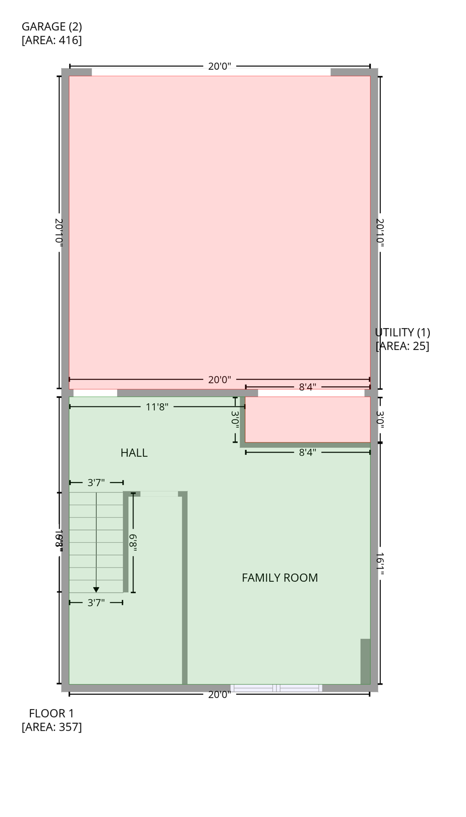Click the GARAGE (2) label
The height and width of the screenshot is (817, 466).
pyautogui.click(x=52, y=27)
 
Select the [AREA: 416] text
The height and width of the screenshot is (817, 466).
pyautogui.click(x=52, y=40)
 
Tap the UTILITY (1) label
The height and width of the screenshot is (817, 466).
pyautogui.click(x=402, y=332)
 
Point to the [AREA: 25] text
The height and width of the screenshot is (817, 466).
pyautogui.click(x=402, y=346)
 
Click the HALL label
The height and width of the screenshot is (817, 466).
pyautogui.click(x=134, y=453)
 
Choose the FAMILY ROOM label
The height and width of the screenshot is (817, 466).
pyautogui.click(x=280, y=578)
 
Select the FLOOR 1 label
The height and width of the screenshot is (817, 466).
pyautogui.click(x=52, y=713)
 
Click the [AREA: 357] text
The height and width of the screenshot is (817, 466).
pyautogui.click(x=52, y=727)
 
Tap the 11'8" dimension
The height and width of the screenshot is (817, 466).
pyautogui.click(x=157, y=407)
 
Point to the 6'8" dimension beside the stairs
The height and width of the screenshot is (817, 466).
pyautogui.click(x=133, y=543)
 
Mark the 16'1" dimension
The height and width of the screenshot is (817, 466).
pyautogui.click(x=380, y=563)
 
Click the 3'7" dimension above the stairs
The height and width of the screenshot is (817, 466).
pyautogui.click(x=96, y=483)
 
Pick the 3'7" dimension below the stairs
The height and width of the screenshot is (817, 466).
pyautogui.click(x=96, y=603)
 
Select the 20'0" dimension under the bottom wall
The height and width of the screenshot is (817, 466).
pyautogui.click(x=219, y=695)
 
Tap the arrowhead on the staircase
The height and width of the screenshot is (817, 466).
pyautogui.click(x=96, y=589)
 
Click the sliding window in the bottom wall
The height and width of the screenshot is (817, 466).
pyautogui.click(x=276, y=688)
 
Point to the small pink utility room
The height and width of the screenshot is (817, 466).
pyautogui.click(x=307, y=419)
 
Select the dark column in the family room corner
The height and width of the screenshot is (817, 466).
pyautogui.click(x=365, y=661)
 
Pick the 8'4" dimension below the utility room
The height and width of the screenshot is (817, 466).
pyautogui.click(x=307, y=453)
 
